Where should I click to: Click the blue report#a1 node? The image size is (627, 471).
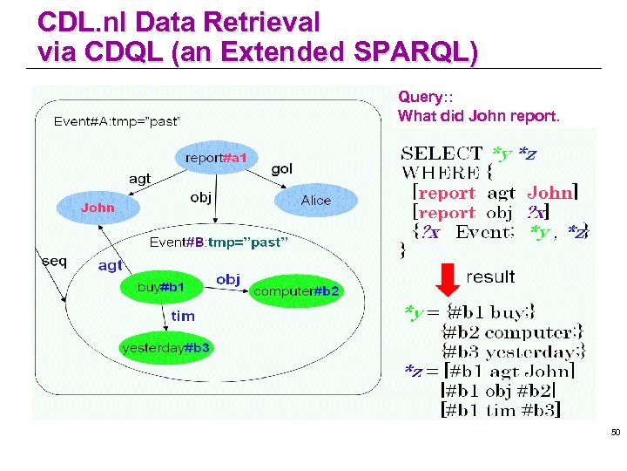tap(216, 158)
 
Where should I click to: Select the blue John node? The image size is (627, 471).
tap(98, 208)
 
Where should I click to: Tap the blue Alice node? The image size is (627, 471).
tap(315, 201)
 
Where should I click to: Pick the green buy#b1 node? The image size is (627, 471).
tap(161, 287)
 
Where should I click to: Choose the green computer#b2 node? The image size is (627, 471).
tap(296, 290)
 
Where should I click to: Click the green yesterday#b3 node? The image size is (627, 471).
tap(166, 348)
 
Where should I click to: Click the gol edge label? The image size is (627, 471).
tap(282, 168)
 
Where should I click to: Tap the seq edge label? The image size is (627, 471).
tap(54, 261)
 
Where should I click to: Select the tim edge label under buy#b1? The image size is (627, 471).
tap(183, 316)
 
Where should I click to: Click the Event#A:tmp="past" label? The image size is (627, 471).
tap(118, 121)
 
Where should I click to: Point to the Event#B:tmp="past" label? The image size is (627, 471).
tap(219, 242)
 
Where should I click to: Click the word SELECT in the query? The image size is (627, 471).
tap(442, 154)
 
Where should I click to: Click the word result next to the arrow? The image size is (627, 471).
tap(490, 276)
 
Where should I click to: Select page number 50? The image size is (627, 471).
tap(615, 433)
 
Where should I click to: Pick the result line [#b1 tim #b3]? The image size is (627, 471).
tap(501, 409)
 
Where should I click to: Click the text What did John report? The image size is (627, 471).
tap(479, 115)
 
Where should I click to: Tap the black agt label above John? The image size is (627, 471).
tap(139, 178)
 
